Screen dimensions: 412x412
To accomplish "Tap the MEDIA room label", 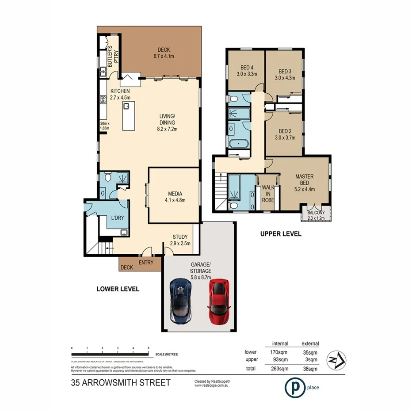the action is pyautogui.click(x=175, y=194).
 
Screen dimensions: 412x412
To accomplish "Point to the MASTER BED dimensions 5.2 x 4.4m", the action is pyautogui.click(x=304, y=183).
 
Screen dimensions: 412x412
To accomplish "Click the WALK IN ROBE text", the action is pyautogui.click(x=268, y=194).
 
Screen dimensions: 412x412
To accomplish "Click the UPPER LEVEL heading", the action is pyautogui.click(x=281, y=234).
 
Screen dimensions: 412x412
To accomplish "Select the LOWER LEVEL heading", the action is pyautogui.click(x=118, y=289).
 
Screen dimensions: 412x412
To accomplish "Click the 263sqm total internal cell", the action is pyautogui.click(x=280, y=368).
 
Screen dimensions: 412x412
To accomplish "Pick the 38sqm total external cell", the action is pyautogui.click(x=310, y=368).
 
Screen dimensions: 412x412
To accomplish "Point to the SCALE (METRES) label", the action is pyautogui.click(x=166, y=355).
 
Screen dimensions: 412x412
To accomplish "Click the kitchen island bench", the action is pyautogui.click(x=128, y=116).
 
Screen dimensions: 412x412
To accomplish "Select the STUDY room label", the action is pyautogui.click(x=180, y=237).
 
